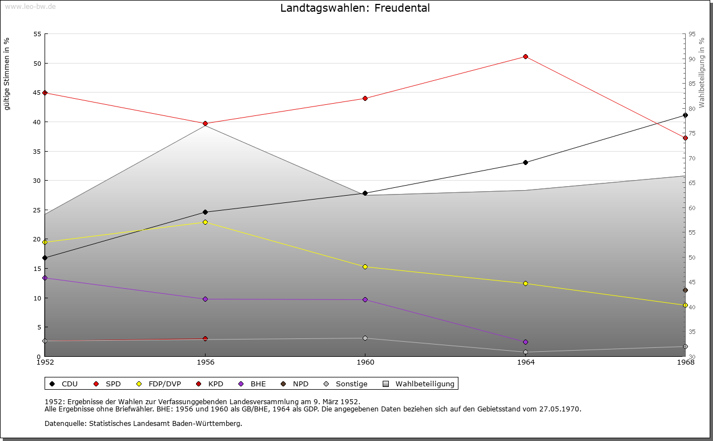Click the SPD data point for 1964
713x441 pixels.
click(525, 57)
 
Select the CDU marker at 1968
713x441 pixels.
click(685, 115)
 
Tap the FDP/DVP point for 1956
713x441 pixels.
click(205, 222)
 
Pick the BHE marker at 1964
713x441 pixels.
click(525, 342)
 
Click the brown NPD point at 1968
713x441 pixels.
click(685, 290)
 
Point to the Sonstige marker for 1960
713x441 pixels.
click(365, 338)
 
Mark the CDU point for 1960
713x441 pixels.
click(365, 193)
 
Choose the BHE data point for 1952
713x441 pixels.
click(45, 278)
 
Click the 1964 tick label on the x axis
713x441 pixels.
click(525, 362)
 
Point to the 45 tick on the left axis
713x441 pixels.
click(37, 93)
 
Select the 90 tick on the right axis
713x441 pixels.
click(692, 59)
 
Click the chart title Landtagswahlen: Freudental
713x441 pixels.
click(355, 8)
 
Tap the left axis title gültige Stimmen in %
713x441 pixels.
click(7, 74)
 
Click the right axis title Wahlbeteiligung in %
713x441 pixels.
click(702, 73)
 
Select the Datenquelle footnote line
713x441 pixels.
click(143, 424)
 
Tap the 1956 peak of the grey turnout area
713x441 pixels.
click(205, 126)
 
